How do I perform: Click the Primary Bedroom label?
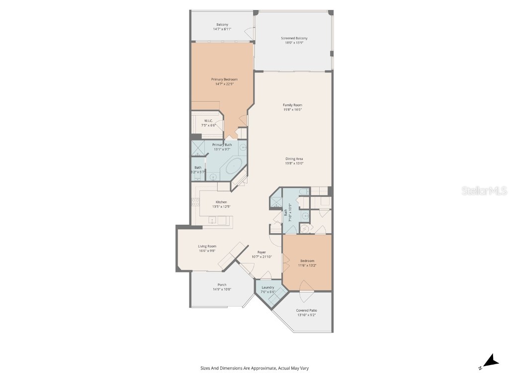tap(224, 79)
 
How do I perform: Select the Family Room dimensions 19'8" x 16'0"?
tap(293, 110)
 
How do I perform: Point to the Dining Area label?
tap(294, 159)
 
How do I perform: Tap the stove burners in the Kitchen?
tap(194, 202)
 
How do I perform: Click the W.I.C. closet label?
tap(208, 121)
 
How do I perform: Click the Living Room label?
tap(207, 246)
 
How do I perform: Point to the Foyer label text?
tap(262, 252)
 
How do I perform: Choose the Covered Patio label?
tap(307, 310)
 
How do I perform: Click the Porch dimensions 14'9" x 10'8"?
tap(222, 289)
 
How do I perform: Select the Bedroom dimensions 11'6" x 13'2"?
tap(307, 265)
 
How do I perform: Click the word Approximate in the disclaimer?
tap(254, 368)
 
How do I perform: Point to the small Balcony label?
tap(222, 25)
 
